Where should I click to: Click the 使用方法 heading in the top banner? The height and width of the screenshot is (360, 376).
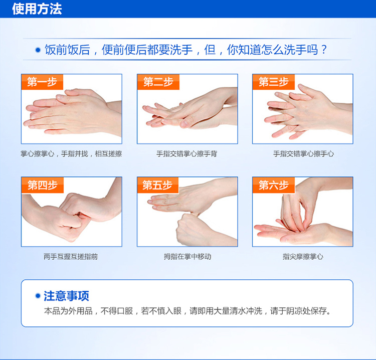37,9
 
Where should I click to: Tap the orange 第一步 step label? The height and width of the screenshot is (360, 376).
42,82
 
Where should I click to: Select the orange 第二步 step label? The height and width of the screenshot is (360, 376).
158,82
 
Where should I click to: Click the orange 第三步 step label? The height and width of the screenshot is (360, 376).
274,82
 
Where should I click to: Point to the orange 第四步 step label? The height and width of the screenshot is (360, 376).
43,185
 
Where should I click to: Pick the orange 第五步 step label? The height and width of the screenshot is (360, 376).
157,185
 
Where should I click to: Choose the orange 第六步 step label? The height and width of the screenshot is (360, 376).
274,185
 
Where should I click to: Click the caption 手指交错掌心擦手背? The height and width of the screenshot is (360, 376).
186,154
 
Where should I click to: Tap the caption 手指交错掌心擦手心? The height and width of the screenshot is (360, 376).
303,154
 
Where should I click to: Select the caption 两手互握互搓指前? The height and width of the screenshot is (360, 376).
71,257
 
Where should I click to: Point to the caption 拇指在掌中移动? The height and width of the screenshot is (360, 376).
187,257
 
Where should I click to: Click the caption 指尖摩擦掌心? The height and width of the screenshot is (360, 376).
303,257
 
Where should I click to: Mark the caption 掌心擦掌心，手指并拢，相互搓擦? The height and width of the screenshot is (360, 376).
71,154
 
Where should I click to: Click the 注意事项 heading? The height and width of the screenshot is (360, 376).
66,296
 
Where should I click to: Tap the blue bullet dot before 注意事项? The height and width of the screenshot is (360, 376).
38,296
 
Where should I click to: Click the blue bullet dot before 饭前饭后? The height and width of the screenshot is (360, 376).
38,50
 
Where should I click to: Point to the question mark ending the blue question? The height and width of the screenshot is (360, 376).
324,50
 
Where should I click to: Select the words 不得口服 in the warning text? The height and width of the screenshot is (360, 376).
117,311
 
